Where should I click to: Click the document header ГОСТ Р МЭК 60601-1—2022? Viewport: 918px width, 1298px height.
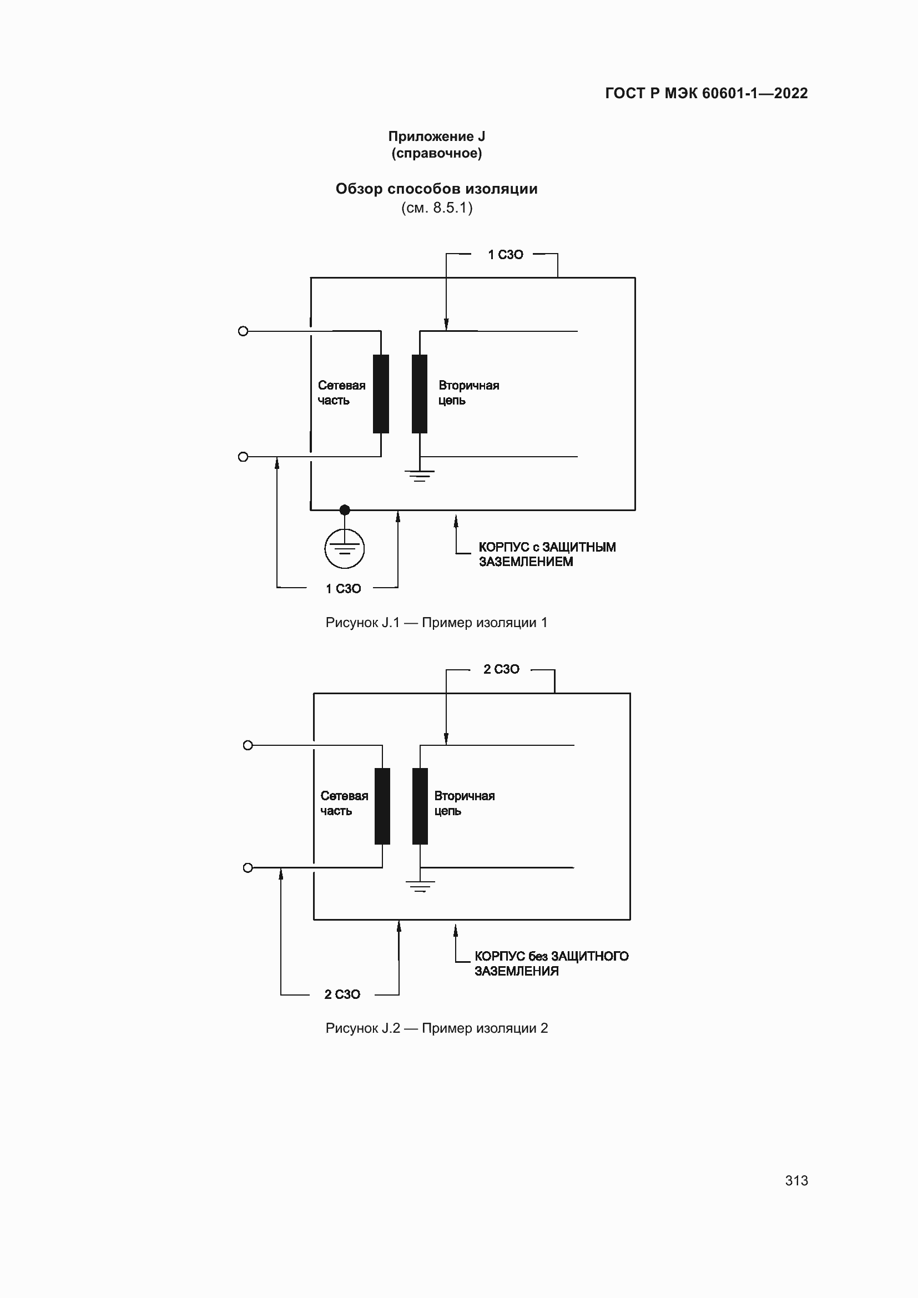point(706,93)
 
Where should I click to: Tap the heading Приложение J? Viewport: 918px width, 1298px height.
point(436,137)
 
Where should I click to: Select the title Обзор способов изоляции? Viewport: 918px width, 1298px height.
point(436,189)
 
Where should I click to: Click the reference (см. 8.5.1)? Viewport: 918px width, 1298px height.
point(436,208)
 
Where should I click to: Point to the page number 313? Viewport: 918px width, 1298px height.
point(796,1181)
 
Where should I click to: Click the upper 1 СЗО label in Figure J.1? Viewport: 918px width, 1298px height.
point(506,255)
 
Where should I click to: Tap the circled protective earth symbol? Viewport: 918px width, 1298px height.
point(344,548)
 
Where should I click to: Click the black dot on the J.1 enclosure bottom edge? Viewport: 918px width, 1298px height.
point(345,510)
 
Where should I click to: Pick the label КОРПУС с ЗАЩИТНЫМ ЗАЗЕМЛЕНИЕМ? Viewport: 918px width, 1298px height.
point(547,554)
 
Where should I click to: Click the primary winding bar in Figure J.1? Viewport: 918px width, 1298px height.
point(381,394)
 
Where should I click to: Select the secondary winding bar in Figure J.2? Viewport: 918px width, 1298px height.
point(420,806)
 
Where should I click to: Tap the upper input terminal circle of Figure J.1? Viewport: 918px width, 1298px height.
point(243,331)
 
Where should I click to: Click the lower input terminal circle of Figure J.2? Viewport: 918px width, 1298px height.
point(248,868)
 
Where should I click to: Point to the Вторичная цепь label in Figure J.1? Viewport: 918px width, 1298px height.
point(468,393)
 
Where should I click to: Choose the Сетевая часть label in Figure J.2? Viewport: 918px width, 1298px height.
point(344,804)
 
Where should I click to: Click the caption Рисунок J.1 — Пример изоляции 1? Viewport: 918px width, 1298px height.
point(436,623)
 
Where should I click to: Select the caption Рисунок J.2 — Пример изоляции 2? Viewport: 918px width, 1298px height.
point(436,1028)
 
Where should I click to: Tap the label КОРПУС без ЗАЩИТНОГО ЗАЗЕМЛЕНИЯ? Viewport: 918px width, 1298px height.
point(551,964)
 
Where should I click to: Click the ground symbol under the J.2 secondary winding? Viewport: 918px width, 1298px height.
point(420,886)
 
